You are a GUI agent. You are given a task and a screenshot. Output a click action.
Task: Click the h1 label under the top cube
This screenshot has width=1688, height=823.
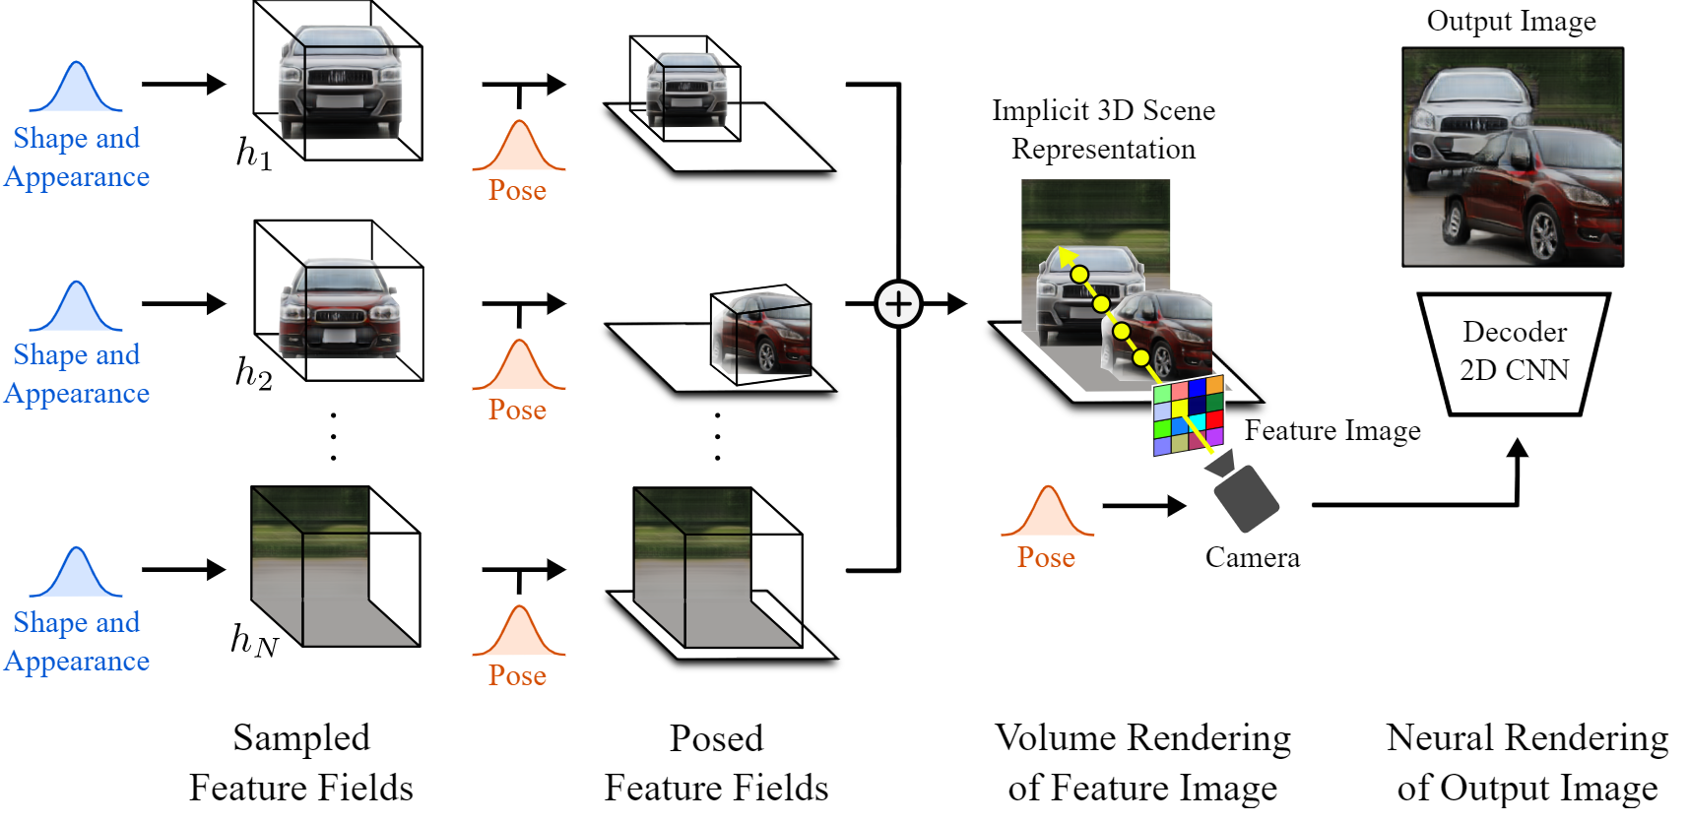tap(253, 155)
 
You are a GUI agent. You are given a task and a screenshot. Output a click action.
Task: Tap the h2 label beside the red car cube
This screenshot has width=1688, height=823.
tap(253, 373)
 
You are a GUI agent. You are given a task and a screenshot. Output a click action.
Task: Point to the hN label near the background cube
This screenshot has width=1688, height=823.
tap(254, 641)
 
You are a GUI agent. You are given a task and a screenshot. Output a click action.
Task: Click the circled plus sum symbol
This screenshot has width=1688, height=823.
tap(898, 303)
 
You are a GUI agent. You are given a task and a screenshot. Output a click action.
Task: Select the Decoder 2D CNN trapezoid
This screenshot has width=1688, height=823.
tap(1514, 352)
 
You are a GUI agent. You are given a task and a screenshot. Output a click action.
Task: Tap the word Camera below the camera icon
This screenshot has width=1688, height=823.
tap(1252, 558)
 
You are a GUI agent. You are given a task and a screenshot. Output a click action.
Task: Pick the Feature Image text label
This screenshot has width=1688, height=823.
tap(1331, 431)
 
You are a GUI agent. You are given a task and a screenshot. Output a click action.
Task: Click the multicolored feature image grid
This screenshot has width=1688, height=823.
tap(1188, 415)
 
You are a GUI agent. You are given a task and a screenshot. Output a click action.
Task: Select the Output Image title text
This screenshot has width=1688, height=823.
tap(1511, 22)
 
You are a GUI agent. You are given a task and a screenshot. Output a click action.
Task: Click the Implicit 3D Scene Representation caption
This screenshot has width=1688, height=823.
tap(1103, 130)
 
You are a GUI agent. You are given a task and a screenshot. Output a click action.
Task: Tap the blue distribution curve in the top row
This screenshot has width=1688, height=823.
tap(76, 89)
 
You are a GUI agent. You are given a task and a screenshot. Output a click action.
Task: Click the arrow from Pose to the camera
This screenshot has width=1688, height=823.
tap(1143, 506)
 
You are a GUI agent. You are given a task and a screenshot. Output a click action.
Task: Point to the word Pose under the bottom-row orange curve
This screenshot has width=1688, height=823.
tap(517, 676)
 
